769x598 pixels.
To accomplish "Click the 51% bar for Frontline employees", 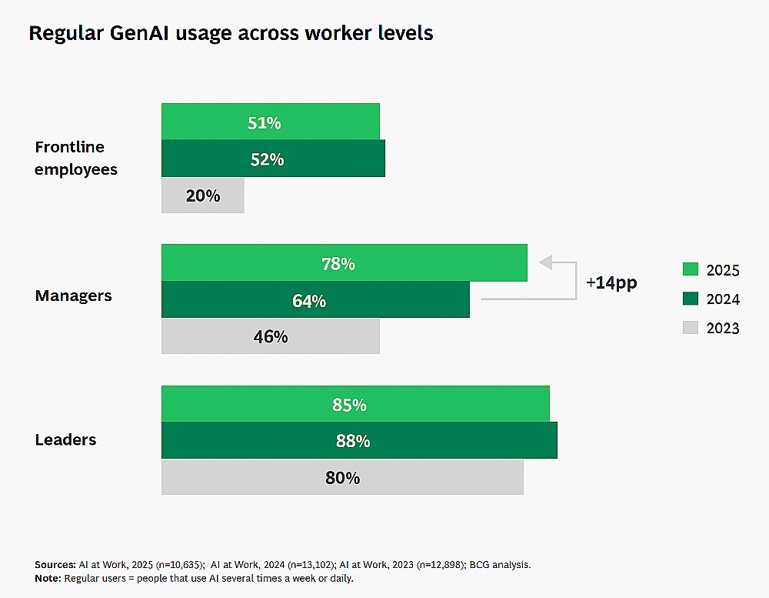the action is [270, 122].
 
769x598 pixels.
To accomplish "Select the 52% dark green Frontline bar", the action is [273, 158].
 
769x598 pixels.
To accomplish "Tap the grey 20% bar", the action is [202, 195].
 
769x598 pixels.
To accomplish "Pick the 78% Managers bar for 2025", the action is [345, 262].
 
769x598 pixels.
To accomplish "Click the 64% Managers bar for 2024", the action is [315, 299].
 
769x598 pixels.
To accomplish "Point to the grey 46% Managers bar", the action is [270, 336].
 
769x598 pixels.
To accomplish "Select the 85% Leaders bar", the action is [355, 403].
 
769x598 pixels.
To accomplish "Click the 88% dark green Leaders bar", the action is [359, 440].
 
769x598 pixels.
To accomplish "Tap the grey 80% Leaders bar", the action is [342, 476].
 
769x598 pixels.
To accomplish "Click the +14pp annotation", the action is [611, 282].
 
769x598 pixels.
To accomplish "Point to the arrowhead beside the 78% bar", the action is [545, 262].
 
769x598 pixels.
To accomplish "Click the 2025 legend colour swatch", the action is [690, 269].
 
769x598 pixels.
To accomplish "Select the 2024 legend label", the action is [723, 299].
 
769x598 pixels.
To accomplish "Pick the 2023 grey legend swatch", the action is [690, 328].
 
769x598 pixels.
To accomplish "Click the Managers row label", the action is [74, 296].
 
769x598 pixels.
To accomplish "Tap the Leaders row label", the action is [65, 439].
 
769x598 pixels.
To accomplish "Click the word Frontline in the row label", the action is [70, 147].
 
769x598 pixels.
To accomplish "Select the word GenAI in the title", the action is [139, 33].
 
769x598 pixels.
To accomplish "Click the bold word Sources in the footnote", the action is [55, 565].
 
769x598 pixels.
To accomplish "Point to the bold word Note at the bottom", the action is [48, 578].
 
